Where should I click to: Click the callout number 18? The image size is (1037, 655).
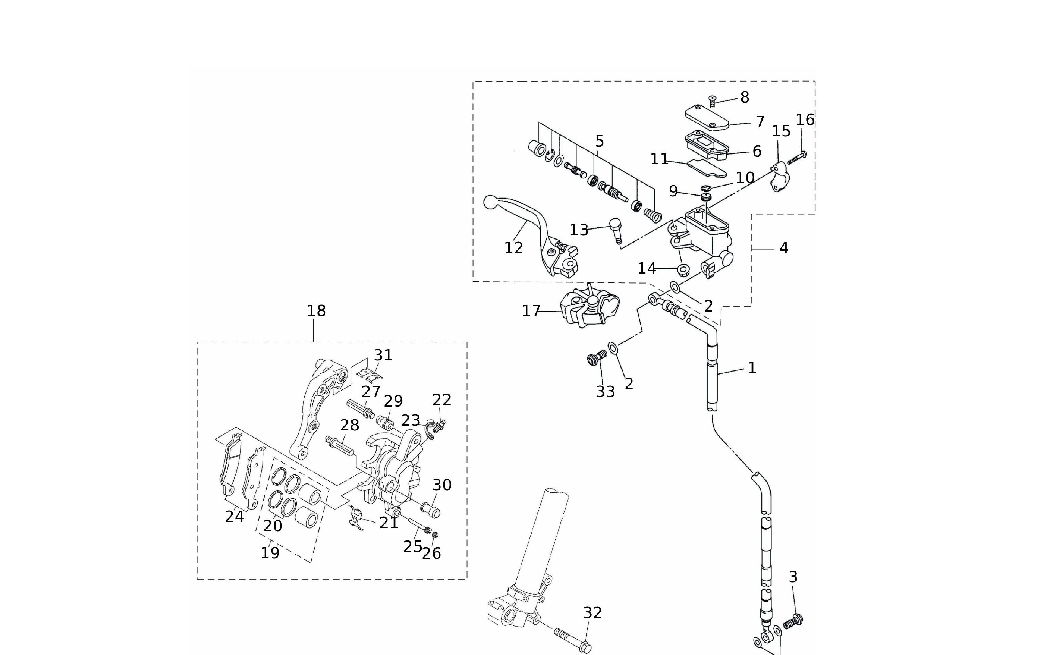(x=316, y=311)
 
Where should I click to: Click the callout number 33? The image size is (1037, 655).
(x=605, y=392)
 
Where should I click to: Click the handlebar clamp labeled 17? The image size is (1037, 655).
(x=590, y=306)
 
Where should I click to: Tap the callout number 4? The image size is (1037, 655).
(x=783, y=248)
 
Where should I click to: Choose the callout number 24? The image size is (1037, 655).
(x=234, y=516)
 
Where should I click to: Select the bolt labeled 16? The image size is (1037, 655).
(x=797, y=158)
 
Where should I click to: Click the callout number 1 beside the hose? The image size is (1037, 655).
(x=751, y=368)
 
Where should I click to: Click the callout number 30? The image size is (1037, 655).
(x=442, y=485)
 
